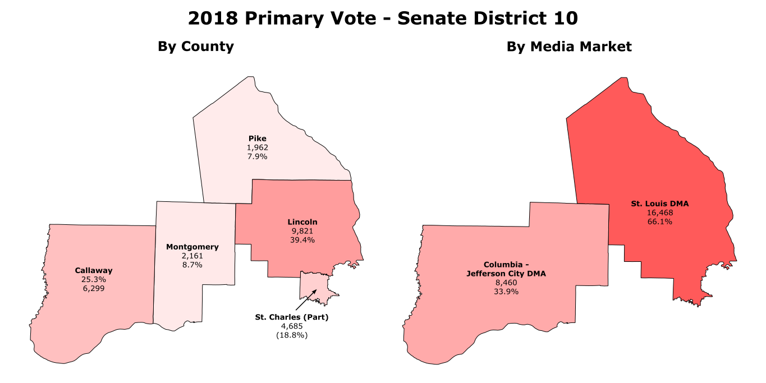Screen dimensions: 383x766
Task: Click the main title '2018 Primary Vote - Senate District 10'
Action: (x=383, y=19)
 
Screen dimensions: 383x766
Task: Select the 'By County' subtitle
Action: (x=195, y=47)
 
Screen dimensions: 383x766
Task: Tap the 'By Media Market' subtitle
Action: (x=569, y=47)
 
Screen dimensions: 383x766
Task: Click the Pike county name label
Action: (x=258, y=139)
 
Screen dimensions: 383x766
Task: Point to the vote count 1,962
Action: (x=258, y=147)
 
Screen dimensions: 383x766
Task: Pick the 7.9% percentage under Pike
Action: (x=258, y=156)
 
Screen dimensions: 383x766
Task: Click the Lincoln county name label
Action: (x=302, y=222)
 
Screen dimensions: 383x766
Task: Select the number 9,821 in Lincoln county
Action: (x=302, y=231)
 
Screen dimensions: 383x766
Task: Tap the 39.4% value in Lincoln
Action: (x=302, y=240)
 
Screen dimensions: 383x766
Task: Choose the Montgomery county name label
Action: (x=192, y=247)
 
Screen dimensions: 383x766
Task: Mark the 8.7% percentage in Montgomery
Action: (x=192, y=265)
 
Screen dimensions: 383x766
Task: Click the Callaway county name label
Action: (x=94, y=270)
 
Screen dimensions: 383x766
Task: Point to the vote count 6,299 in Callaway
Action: (x=94, y=288)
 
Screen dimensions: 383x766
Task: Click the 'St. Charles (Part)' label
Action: (x=291, y=317)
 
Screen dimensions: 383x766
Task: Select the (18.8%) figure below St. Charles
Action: (x=291, y=335)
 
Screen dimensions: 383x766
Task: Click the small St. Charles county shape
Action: (x=311, y=283)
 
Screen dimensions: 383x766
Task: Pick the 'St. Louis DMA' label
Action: (x=659, y=204)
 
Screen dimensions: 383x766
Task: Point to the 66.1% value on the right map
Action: (x=659, y=222)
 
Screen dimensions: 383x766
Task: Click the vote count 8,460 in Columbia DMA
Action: (x=506, y=283)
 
